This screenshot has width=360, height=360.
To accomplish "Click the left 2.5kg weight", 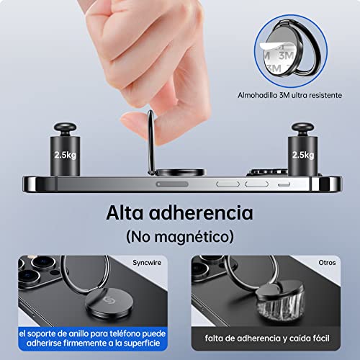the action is pos(65,150).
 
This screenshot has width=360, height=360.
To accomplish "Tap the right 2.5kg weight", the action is pos(303,150).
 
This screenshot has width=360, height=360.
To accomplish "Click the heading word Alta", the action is pos(125,212).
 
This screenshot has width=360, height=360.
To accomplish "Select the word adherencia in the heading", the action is pos(201,212).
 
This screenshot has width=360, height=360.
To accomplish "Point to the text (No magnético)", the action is pos(180,237).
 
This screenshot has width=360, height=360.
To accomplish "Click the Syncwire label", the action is pos(147,263).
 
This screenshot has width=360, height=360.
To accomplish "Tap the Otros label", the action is pos(327,263).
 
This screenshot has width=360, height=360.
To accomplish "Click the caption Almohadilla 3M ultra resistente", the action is pos(289,95).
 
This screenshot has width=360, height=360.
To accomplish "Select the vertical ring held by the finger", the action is pos(151,143).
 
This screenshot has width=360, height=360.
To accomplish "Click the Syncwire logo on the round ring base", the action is pos(109,300).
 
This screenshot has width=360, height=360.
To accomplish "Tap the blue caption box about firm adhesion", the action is pos(93,338).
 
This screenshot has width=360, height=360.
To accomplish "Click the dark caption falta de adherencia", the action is pos(267,338).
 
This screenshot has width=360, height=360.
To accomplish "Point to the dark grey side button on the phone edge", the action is pos(172,184).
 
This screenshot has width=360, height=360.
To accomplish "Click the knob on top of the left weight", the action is pos(65,129).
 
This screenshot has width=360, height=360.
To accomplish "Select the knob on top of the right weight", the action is pos(303,129).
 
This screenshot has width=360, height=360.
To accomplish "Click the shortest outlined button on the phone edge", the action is pos(284,184).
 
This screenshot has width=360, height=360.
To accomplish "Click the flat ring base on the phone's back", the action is pos(181,172).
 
